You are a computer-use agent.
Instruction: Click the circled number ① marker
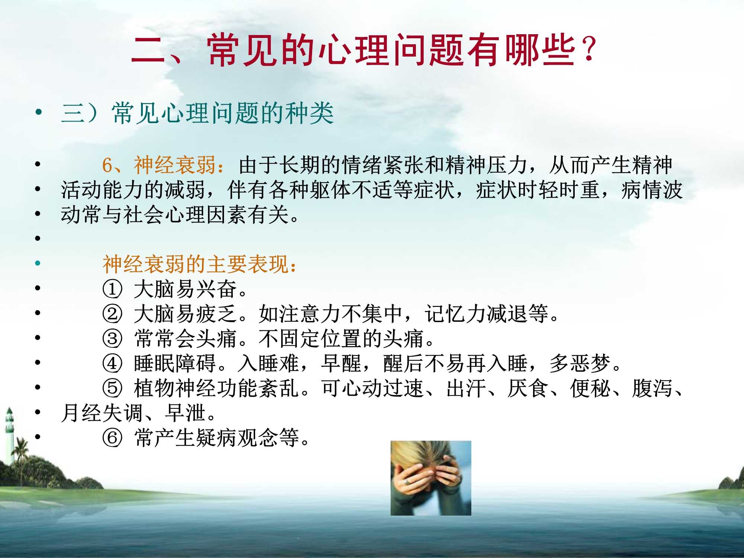[x=112, y=289]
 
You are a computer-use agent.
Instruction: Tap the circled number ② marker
[x=112, y=314]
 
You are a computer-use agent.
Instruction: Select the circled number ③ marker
[x=112, y=339]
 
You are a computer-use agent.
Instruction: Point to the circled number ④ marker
[x=112, y=363]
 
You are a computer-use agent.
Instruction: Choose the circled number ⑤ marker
[x=112, y=388]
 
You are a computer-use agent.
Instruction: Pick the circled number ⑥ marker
[x=112, y=438]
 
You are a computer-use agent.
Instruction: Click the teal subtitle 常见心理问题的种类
[x=222, y=113]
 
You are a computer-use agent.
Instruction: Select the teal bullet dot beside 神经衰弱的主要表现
[x=38, y=263]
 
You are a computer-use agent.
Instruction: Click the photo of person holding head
[x=431, y=478]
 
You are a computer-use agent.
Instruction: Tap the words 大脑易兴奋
[x=185, y=289]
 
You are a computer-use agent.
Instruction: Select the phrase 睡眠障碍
[x=175, y=363]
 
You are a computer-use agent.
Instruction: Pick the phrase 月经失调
[x=102, y=413]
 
